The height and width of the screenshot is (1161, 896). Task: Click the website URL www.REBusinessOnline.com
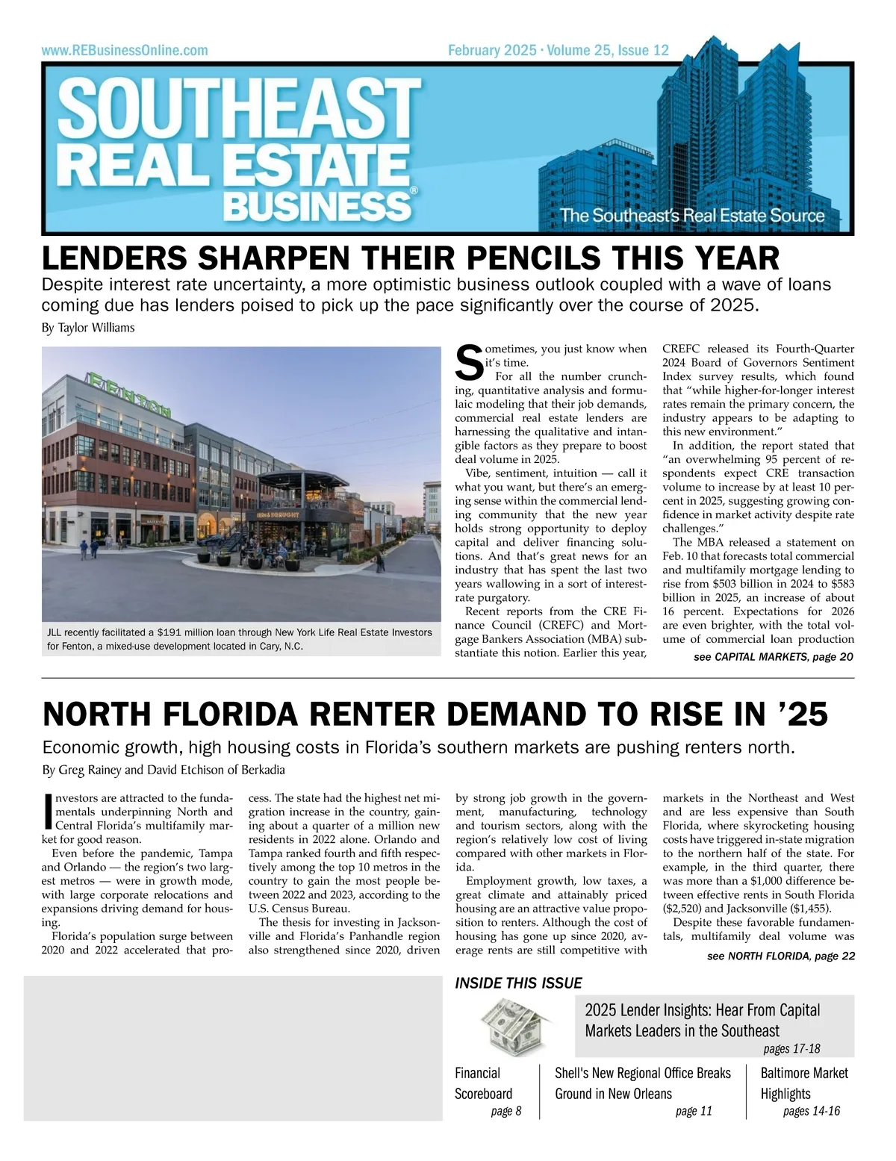click(125, 51)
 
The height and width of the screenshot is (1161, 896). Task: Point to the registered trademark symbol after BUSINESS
click(414, 191)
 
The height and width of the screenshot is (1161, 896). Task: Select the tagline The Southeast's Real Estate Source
click(692, 216)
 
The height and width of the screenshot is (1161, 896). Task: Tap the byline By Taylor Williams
click(88, 327)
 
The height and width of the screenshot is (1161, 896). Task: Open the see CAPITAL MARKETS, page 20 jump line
click(773, 657)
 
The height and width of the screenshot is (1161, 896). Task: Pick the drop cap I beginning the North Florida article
click(49, 812)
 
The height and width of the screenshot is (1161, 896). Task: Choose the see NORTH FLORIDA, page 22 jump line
click(780, 956)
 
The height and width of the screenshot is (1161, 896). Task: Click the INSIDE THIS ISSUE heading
click(518, 983)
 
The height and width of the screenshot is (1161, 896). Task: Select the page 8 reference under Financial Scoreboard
click(505, 1111)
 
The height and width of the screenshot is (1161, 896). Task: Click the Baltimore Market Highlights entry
click(804, 1083)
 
